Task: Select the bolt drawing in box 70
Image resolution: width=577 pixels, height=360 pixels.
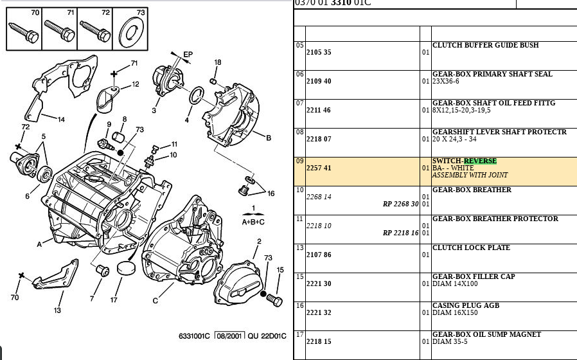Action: tap(24, 33)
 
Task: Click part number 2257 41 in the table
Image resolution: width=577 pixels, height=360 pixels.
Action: tap(319, 168)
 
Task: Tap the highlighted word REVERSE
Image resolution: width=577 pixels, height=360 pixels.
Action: tap(480, 161)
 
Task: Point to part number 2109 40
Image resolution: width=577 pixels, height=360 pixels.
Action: tap(319, 81)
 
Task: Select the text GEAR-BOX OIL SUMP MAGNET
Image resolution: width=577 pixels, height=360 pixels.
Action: tap(486, 334)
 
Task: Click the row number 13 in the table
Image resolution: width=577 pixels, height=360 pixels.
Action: tap(300, 248)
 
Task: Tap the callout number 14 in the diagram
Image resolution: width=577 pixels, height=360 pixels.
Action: tap(61, 120)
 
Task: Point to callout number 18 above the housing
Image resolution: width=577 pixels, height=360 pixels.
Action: tap(218, 62)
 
